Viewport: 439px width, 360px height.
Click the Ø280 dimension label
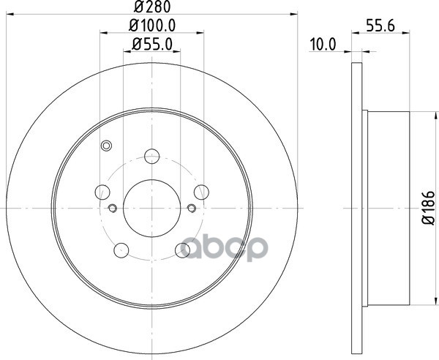coord(152,7)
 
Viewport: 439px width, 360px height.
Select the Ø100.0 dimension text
coord(152,26)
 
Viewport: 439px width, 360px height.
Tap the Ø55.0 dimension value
coord(152,44)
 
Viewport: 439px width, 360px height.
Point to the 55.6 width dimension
coord(380,26)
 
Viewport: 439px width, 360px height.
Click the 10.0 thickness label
coord(322,45)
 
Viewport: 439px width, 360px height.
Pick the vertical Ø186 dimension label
coord(429,208)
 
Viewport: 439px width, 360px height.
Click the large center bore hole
coord(151,209)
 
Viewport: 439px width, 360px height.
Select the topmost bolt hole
coord(152,156)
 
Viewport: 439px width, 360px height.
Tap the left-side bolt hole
coord(102,192)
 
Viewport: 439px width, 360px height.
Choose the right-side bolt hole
coord(201,192)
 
